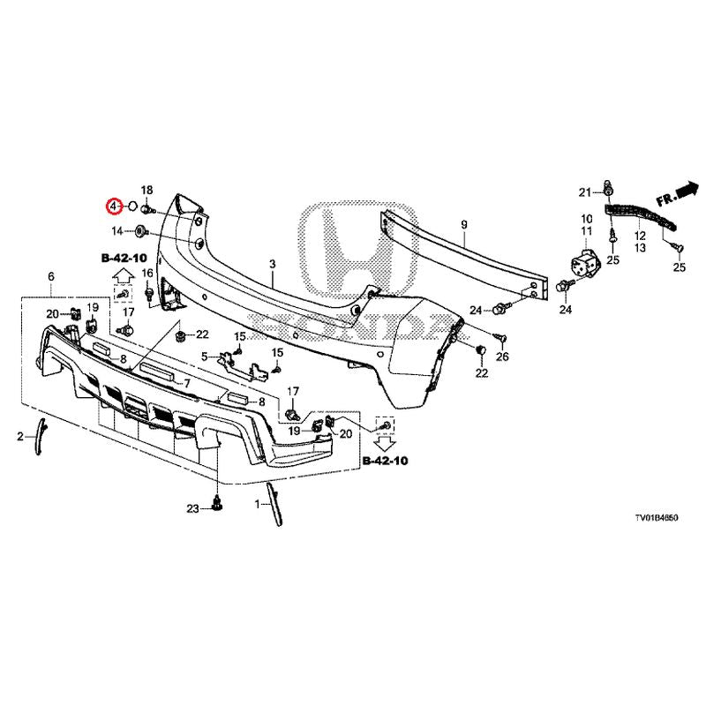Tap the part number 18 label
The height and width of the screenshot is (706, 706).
(x=147, y=191)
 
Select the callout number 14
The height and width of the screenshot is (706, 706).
(x=117, y=231)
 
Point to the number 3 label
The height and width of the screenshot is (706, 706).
(x=273, y=264)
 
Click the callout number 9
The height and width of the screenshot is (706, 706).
(x=464, y=226)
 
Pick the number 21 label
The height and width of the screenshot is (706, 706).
(x=583, y=192)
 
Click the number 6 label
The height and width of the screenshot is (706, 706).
(x=51, y=277)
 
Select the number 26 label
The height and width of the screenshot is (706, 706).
(x=503, y=357)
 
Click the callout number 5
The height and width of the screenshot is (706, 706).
(x=204, y=357)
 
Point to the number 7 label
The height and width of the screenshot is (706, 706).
(x=187, y=384)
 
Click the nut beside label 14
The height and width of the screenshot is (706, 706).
(x=140, y=231)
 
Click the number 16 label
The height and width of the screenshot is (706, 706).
(x=147, y=273)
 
